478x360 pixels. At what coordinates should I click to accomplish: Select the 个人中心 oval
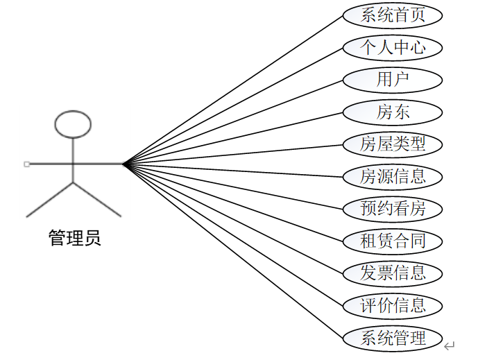pyautogui.click(x=393, y=47)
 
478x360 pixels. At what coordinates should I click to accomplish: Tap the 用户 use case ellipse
pyautogui.click(x=393, y=80)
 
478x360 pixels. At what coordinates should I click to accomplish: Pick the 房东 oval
pyautogui.click(x=393, y=112)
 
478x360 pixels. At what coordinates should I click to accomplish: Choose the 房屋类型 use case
pyautogui.click(x=393, y=144)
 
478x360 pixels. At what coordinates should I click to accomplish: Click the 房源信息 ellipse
pyautogui.click(x=393, y=176)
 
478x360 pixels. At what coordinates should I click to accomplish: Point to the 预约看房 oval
pyautogui.click(x=393, y=208)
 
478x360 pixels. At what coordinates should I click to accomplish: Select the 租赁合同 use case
pyautogui.click(x=393, y=241)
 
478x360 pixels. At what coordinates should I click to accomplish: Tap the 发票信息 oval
pyautogui.click(x=393, y=273)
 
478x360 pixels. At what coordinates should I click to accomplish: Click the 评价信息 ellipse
pyautogui.click(x=393, y=305)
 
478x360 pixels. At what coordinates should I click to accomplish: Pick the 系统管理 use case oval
pyautogui.click(x=393, y=338)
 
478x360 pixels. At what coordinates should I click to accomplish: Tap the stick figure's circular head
pyautogui.click(x=73, y=123)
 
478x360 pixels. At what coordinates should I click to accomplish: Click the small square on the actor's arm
pyautogui.click(x=26, y=164)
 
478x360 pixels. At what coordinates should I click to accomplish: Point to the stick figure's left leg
pyautogui.click(x=50, y=200)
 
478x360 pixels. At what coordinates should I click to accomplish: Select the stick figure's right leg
pyautogui.click(x=97, y=200)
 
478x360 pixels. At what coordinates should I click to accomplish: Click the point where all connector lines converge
pyautogui.click(x=123, y=164)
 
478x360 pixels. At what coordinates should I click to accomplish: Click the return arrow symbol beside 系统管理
pyautogui.click(x=450, y=345)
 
